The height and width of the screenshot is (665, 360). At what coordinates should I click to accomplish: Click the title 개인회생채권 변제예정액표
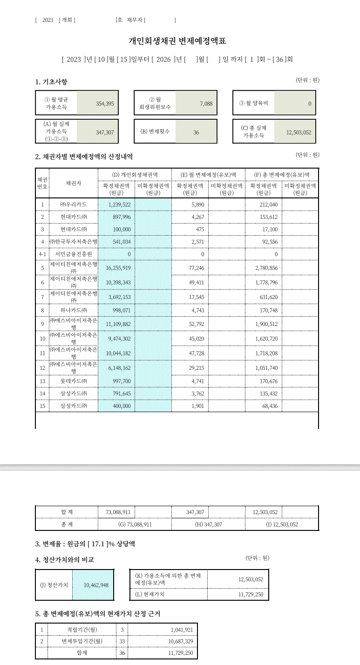(x=177, y=41)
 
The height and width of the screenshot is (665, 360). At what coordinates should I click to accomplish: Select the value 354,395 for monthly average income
(x=105, y=103)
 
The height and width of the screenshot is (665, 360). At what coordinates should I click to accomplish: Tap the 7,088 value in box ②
(x=206, y=103)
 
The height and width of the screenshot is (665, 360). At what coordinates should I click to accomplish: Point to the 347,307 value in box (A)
(x=105, y=132)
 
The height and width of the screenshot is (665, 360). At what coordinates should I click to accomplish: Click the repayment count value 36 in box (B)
(x=196, y=132)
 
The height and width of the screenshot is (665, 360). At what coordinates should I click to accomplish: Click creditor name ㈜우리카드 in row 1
(x=73, y=204)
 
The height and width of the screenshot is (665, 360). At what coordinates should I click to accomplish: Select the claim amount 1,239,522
(x=119, y=204)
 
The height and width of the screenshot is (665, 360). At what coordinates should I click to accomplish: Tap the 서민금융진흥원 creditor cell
(x=73, y=254)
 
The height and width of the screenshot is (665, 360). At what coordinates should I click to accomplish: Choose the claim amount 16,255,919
(x=118, y=268)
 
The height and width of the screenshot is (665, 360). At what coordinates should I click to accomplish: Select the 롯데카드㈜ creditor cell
(x=73, y=381)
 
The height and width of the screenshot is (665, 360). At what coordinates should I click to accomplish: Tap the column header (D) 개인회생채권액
(x=135, y=175)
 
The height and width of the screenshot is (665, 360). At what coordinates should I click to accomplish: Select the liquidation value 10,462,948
(x=96, y=585)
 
